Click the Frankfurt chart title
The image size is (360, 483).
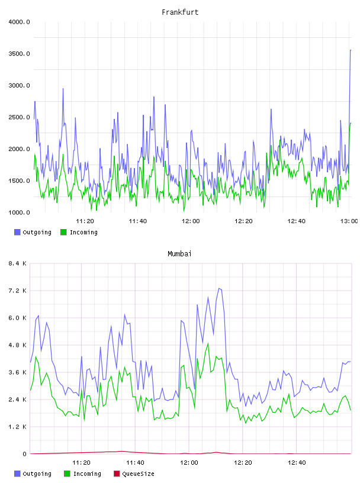coord(180,12)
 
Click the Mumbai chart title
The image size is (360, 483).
coord(179,253)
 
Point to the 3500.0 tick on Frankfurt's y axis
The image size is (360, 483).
coord(20,54)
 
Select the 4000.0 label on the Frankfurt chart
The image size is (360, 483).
coord(20,22)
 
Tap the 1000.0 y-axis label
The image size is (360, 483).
coord(20,212)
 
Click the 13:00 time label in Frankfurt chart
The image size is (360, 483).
coord(349,221)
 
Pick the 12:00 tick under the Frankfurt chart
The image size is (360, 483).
coord(191,221)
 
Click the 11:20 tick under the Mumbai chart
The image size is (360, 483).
coord(81,462)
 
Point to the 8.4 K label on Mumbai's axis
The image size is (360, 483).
coord(17,263)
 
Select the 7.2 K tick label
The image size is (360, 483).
coord(17,291)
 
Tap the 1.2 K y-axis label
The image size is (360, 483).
coord(17,427)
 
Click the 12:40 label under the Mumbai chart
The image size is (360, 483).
coord(297,462)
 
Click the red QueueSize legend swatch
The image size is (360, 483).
coord(117,474)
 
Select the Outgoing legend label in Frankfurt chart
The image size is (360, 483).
coord(37,232)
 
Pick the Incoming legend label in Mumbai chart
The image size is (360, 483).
coord(87,474)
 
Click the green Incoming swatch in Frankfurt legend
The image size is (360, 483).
coord(63,232)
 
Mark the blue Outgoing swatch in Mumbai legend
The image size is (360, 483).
coord(17,474)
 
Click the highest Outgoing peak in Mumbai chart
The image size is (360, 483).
coord(219,288)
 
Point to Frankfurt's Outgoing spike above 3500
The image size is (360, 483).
coord(351,50)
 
